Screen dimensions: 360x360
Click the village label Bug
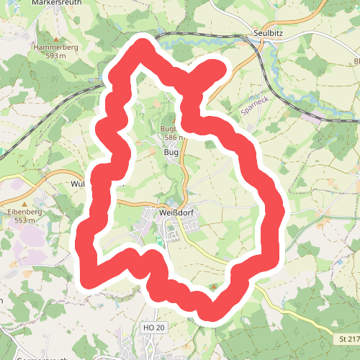tap(171, 152)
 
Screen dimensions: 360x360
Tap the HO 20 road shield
tap(154, 328)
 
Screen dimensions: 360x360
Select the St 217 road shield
tap(347, 338)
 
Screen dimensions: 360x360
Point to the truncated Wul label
tap(79, 184)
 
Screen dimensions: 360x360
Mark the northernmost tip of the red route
tap(143, 48)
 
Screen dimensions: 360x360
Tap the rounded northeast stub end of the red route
tap(218, 69)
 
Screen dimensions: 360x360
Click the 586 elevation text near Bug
tap(175, 137)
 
